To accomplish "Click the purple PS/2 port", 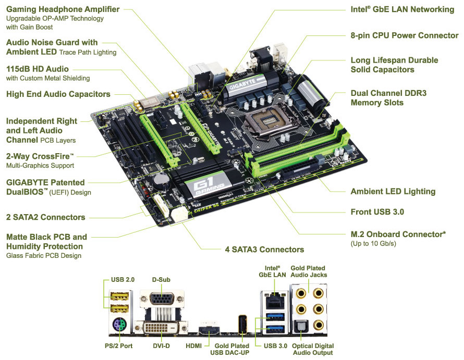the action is (x=119, y=324).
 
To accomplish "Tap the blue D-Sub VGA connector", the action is (x=162, y=299).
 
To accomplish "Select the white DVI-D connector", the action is (x=161, y=328).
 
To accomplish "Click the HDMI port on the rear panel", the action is (x=209, y=329).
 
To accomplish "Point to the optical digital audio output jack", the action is (x=301, y=326).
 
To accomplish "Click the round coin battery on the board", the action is (x=161, y=180).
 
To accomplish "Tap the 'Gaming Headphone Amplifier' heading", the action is (x=63, y=9).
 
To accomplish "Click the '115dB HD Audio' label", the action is (x=38, y=69).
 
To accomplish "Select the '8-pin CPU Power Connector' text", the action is (x=404, y=35).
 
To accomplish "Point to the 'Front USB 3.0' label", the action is (x=377, y=212).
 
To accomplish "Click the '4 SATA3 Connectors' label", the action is (x=264, y=250).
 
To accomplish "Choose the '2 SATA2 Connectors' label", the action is (x=45, y=217).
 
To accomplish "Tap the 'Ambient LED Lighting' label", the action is (x=393, y=192).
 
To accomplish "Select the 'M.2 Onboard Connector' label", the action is (x=397, y=234).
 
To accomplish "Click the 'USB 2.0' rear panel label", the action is (x=123, y=280).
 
